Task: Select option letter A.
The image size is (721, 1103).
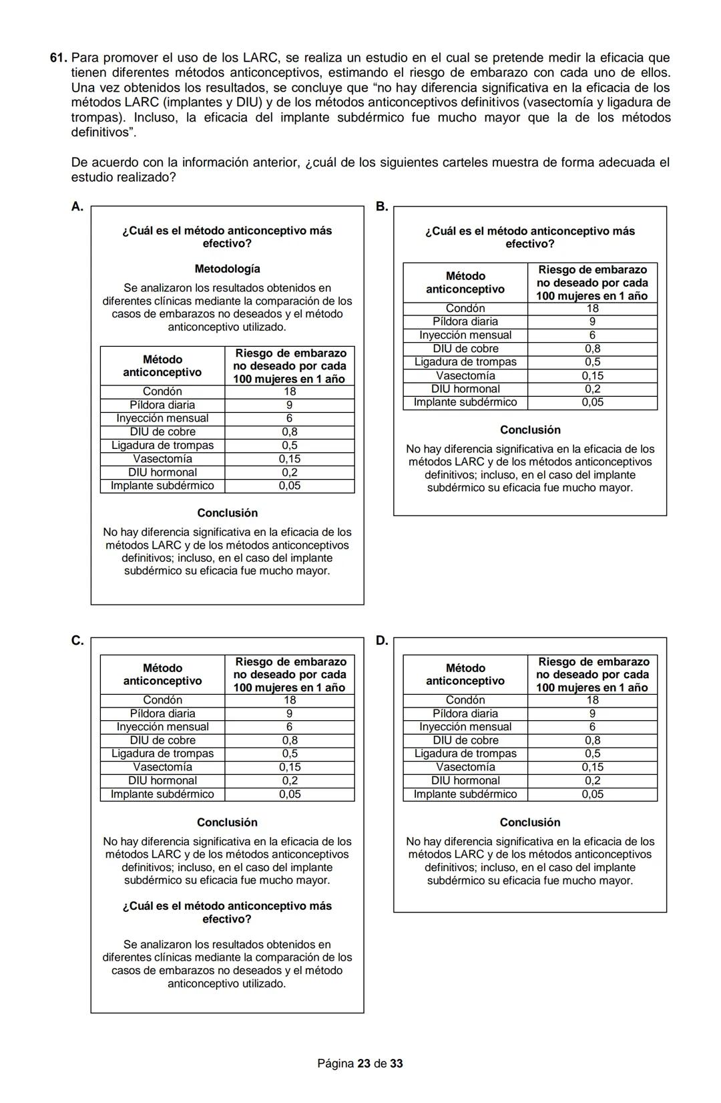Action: pos(77,206)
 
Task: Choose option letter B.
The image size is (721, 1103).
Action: pos(381,206)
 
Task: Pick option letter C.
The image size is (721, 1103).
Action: pos(77,641)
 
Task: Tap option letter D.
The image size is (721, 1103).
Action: pos(381,641)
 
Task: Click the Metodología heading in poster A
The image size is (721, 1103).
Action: pos(227,269)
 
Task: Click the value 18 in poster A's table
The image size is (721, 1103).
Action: pos(289,391)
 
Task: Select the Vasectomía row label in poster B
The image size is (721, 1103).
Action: pos(465,375)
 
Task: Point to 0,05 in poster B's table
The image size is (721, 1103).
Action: pos(592,402)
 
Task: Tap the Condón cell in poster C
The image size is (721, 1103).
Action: pos(162,700)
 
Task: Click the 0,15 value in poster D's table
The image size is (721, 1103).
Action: pos(592,767)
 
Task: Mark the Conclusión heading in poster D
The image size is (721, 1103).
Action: pos(530,822)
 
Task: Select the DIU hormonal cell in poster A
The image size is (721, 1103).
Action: pos(162,472)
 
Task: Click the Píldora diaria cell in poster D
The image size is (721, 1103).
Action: pos(465,714)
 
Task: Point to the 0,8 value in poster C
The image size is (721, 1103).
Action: pos(289,740)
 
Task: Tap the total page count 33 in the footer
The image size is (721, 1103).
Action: pos(397,1063)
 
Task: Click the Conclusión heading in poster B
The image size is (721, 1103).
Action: pos(530,430)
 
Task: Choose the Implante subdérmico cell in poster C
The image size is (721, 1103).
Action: pos(162,794)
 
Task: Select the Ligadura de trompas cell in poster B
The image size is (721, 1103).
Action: pos(465,362)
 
